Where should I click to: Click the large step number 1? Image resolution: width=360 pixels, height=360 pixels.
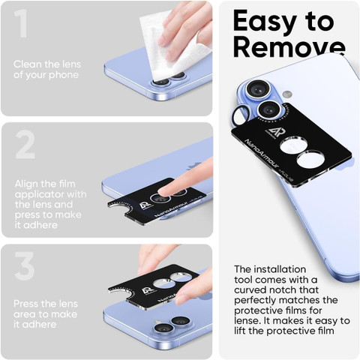[x=21, y=23]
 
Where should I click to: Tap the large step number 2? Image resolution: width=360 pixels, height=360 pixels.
[x=25, y=145]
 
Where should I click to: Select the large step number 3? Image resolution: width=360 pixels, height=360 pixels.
[x=25, y=266]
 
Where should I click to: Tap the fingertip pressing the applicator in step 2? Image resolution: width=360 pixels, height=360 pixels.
[x=166, y=191]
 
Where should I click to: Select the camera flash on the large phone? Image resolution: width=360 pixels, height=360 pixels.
[x=287, y=94]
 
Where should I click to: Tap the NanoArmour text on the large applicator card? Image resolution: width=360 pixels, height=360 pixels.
[x=261, y=154]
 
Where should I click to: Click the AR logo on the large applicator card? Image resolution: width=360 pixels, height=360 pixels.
[x=271, y=132]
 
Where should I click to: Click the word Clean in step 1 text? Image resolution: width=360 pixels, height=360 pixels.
[x=27, y=64]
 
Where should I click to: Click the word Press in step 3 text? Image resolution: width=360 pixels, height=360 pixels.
[x=27, y=304]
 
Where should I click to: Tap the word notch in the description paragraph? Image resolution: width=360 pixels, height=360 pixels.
[x=282, y=290]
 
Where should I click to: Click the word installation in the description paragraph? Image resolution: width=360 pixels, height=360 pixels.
[x=280, y=269]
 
